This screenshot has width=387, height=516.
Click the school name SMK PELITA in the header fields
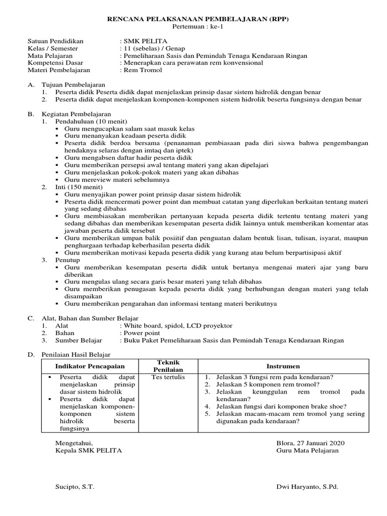[x=144, y=41]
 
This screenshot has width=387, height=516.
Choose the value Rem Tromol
[x=143, y=71]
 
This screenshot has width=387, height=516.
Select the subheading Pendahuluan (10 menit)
[x=91, y=121]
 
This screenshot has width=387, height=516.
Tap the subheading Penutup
[x=68, y=260]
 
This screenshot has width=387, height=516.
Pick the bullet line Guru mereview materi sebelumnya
[x=117, y=179]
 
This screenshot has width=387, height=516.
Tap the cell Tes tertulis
[x=168, y=377]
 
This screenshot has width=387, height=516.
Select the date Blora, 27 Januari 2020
[x=311, y=442]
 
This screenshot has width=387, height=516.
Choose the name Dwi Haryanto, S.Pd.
[x=307, y=487]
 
